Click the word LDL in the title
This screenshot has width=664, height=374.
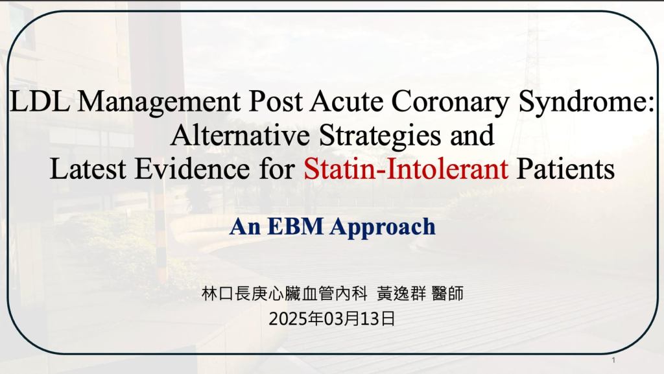pyautogui.click(x=40, y=102)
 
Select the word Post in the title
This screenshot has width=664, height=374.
pyautogui.click(x=276, y=102)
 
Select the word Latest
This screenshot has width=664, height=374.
pyautogui.click(x=88, y=169)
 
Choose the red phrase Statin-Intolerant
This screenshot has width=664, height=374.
pyautogui.click(x=406, y=169)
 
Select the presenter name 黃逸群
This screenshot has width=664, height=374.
pyautogui.click(x=401, y=293)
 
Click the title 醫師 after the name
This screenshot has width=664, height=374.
pyautogui.click(x=447, y=293)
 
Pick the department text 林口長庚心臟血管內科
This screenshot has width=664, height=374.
pyautogui.click(x=284, y=293)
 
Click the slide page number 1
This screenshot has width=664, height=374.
pyautogui.click(x=613, y=360)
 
